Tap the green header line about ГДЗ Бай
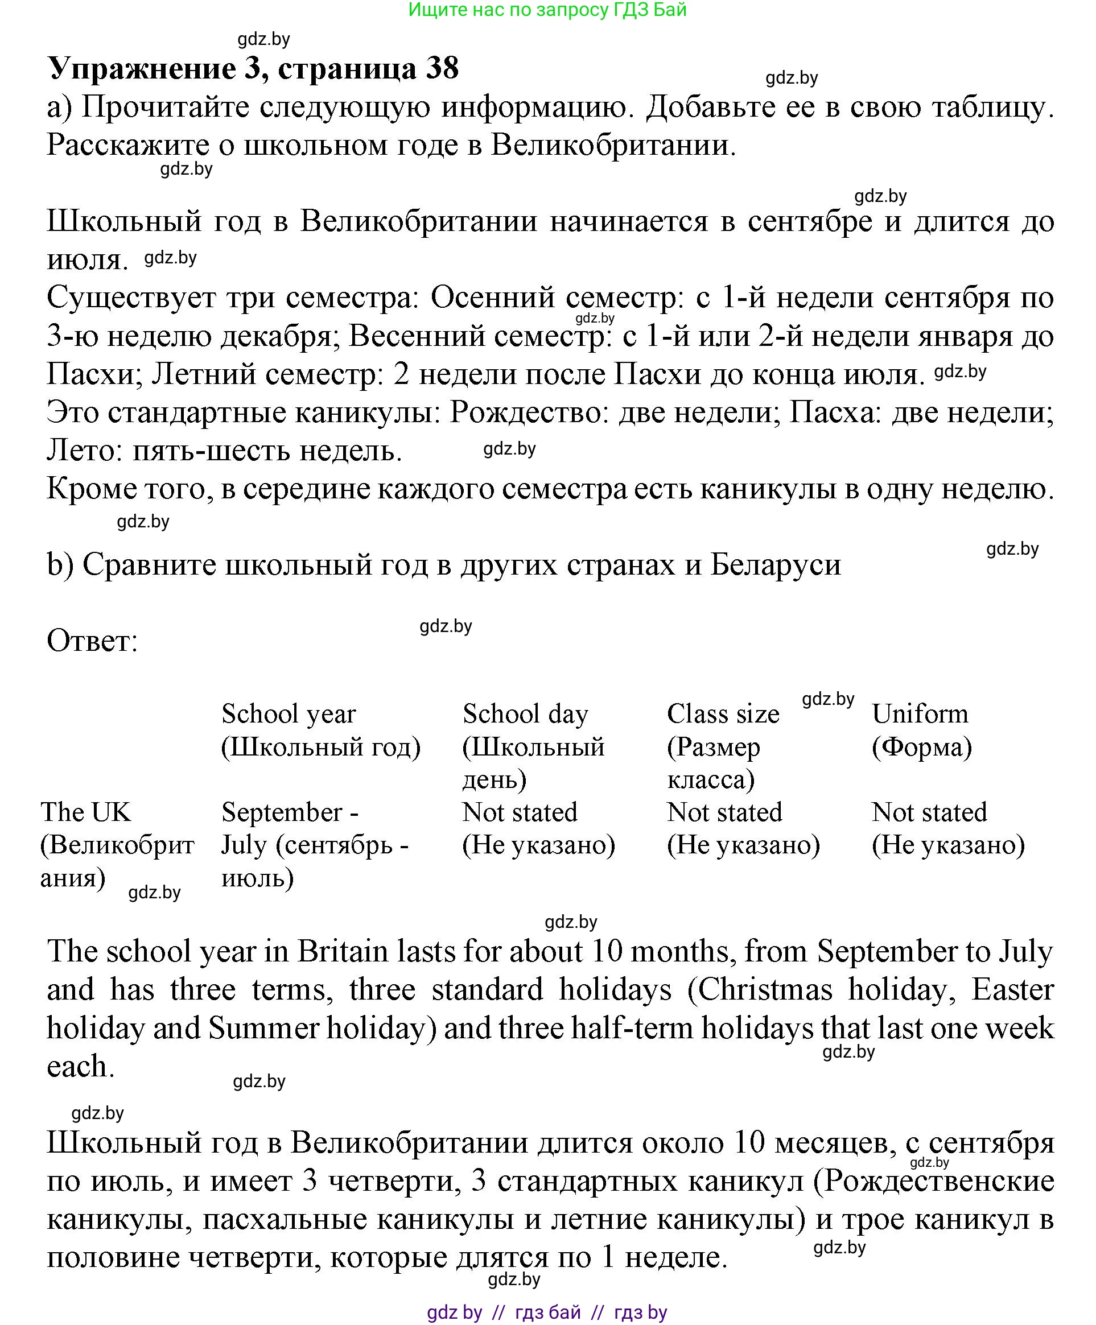tap(547, 10)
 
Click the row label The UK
tap(86, 812)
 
